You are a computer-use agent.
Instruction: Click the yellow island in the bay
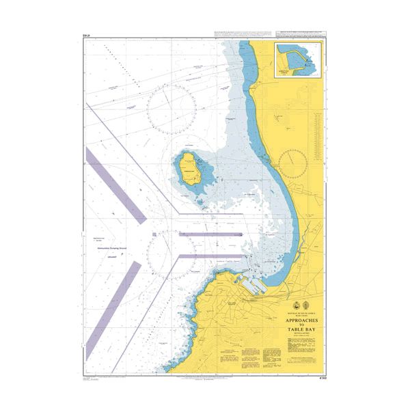(189, 169)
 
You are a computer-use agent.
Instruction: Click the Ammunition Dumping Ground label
(112, 254)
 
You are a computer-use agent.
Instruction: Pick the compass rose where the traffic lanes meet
(170, 252)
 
